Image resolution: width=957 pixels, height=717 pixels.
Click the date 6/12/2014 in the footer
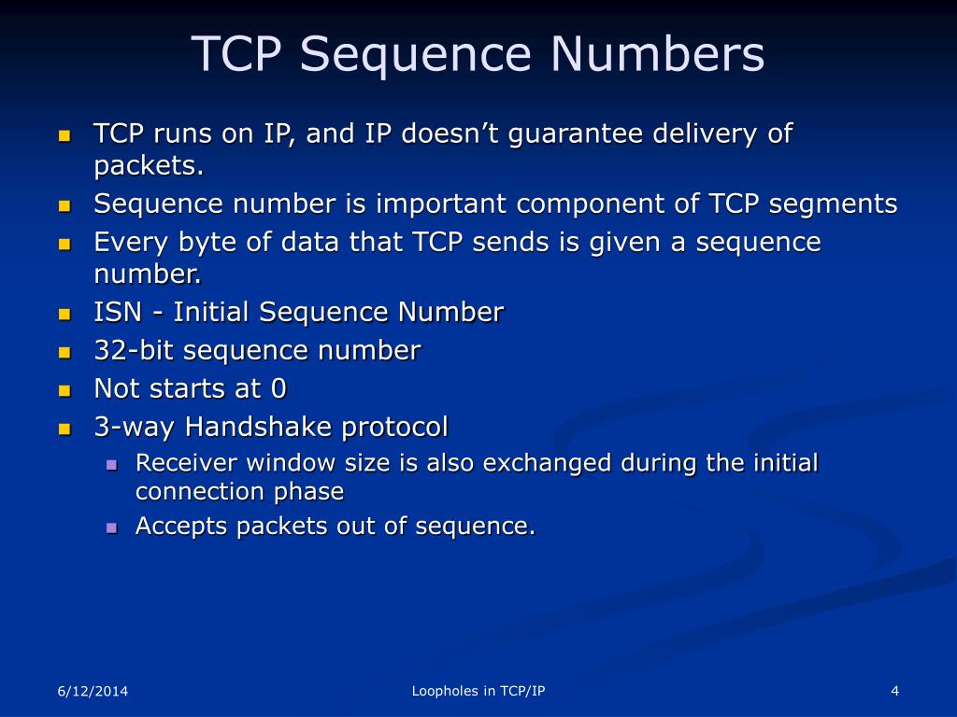click(93, 691)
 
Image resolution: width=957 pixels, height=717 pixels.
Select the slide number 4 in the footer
click(894, 691)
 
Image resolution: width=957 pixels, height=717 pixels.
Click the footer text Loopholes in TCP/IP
click(478, 691)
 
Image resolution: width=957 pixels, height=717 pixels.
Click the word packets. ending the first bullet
click(149, 166)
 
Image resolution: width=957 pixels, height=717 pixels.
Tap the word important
click(432, 204)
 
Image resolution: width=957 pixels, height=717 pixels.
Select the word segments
click(830, 204)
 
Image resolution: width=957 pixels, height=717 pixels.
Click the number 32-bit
click(134, 351)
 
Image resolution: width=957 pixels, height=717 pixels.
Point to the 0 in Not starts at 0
click(278, 388)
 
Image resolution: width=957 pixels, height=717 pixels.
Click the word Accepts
click(181, 527)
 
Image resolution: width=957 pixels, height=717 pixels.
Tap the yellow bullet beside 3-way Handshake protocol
click(64, 429)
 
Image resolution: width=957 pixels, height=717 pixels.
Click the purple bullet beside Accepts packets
click(111, 527)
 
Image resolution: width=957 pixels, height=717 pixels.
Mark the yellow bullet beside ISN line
click(64, 314)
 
